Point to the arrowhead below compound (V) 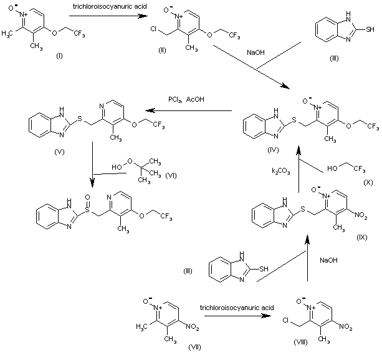click(93, 183)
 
